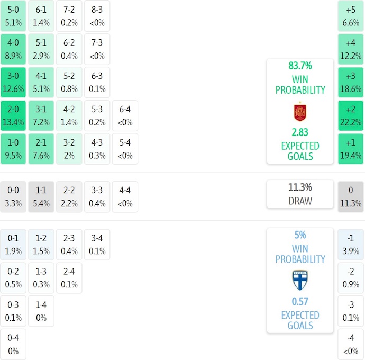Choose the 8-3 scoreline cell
coord(97,15)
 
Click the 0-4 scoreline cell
coord(13,345)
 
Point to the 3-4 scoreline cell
coord(97,245)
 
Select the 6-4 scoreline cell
coord(125,115)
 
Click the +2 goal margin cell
coord(351,115)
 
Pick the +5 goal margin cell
coord(351,15)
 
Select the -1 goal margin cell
coord(351,245)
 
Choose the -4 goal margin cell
coord(351,345)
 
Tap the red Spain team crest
coord(300,112)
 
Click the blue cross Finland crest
coord(300,280)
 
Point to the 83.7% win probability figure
coord(300,66)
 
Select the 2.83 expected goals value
coord(300,132)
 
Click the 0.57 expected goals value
coord(300,302)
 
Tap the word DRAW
coord(300,201)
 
